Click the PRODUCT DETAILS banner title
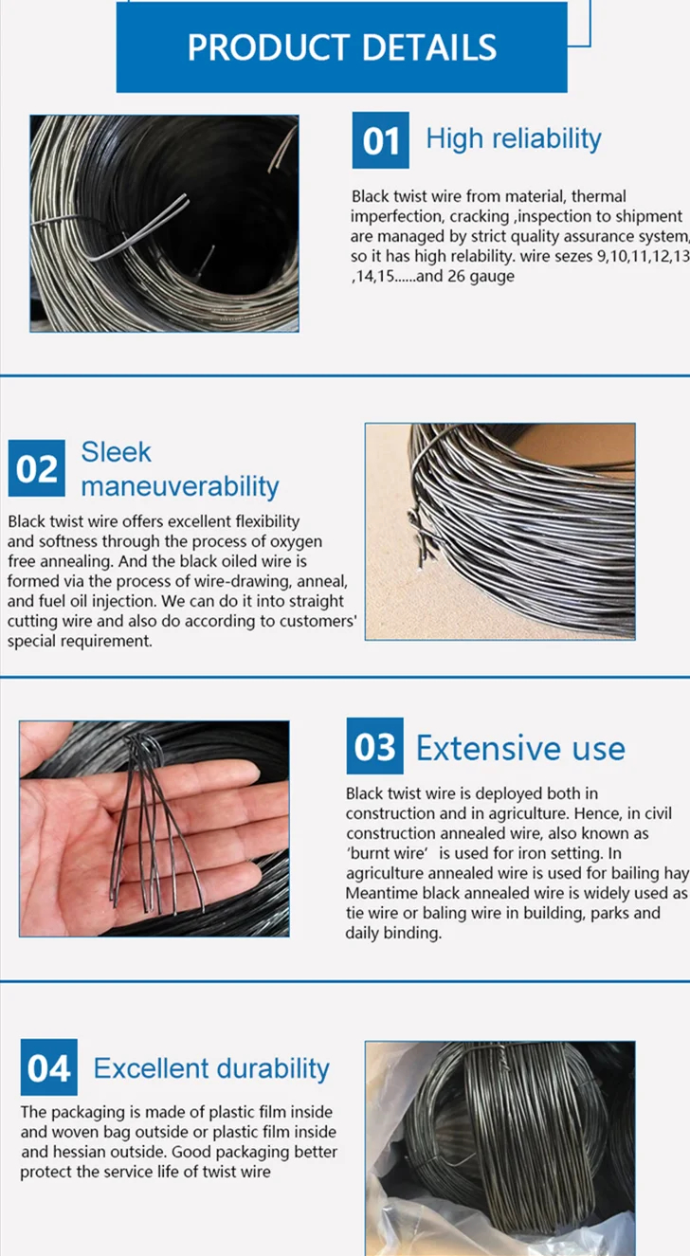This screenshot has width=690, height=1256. pyautogui.click(x=341, y=46)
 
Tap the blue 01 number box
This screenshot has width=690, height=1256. pyautogui.click(x=381, y=139)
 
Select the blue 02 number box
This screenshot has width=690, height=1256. pyautogui.click(x=36, y=468)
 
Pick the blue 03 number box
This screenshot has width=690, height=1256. pyautogui.click(x=374, y=746)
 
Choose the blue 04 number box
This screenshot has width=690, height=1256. pyautogui.click(x=48, y=1067)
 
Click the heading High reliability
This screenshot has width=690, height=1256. pyautogui.click(x=514, y=139)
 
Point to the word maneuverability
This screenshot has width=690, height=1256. pyautogui.click(x=180, y=486)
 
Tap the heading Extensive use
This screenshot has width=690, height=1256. pyautogui.click(x=520, y=748)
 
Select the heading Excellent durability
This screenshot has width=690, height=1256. pyautogui.click(x=211, y=1068)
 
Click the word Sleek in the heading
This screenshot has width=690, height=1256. pyautogui.click(x=116, y=452)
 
